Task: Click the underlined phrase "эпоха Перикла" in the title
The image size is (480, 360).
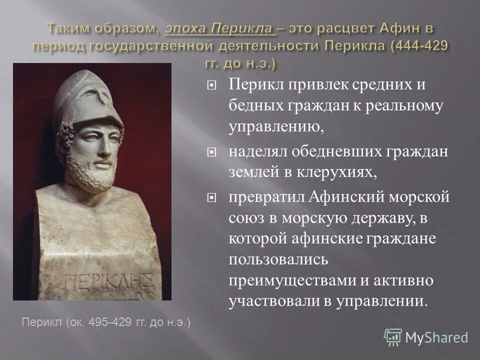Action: point(220,28)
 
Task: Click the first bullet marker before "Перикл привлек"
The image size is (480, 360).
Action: point(212,86)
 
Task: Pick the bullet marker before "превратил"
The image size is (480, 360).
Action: point(212,198)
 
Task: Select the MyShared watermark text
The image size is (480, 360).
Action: point(436,337)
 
